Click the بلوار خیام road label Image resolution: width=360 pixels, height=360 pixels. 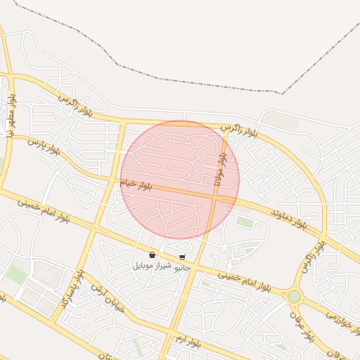(136, 184)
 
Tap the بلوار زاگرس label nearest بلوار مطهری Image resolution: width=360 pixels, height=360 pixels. (75, 103)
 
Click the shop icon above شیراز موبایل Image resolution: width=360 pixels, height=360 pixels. (153, 255)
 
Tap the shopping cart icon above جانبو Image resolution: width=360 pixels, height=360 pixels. (183, 257)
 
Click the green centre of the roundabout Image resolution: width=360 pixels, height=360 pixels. (294, 297)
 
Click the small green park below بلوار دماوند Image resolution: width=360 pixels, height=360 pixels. (245, 222)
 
